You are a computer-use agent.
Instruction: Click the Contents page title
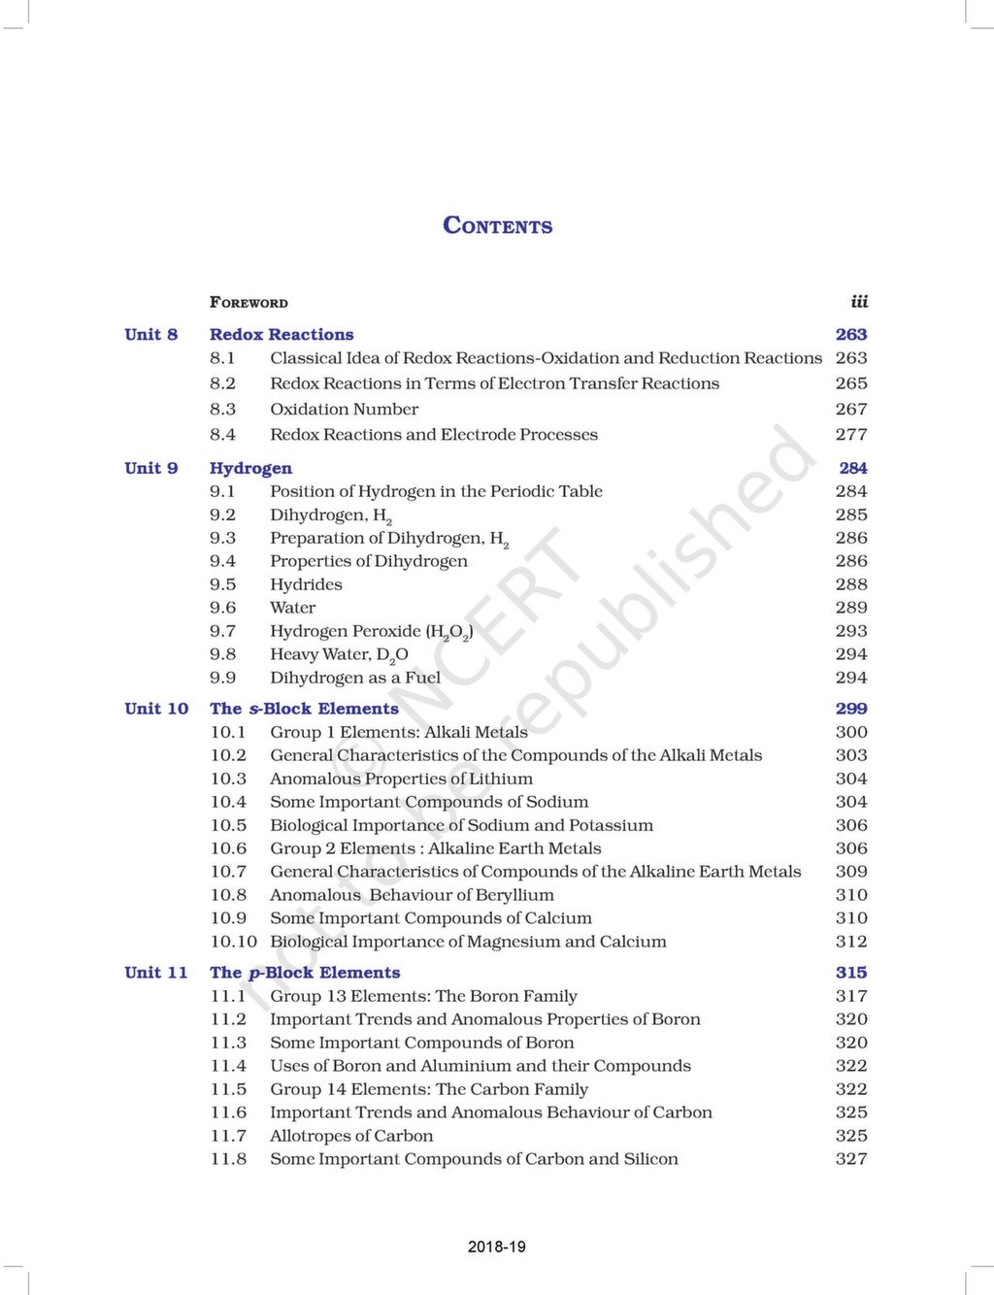click(497, 225)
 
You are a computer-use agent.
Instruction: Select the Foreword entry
click(248, 303)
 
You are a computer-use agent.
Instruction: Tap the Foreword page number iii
click(859, 302)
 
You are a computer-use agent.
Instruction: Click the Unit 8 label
click(151, 335)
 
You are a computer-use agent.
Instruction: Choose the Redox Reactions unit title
click(282, 335)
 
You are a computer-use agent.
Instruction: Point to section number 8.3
click(222, 410)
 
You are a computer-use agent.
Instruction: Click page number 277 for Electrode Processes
click(851, 435)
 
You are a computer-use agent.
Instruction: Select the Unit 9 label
click(151, 468)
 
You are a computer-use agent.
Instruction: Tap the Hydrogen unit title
click(250, 468)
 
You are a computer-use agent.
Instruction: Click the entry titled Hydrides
click(306, 584)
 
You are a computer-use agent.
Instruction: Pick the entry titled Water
click(292, 608)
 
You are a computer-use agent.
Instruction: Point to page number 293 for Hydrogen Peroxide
click(851, 631)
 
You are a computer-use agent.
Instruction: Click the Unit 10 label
click(156, 709)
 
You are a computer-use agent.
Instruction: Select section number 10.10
click(233, 942)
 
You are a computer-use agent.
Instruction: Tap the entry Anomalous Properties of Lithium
click(401, 779)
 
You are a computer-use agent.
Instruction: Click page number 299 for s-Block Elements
click(851, 709)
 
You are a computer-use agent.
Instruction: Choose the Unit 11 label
click(156, 973)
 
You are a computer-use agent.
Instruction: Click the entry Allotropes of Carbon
click(351, 1136)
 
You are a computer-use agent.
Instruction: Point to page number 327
click(851, 1159)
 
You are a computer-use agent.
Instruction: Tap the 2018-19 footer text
click(496, 1246)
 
